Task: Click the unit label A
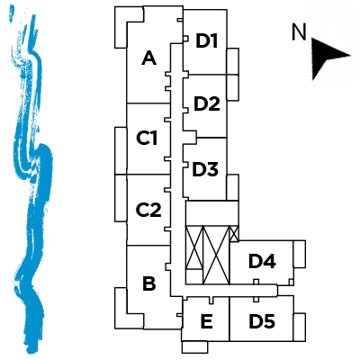point(149,58)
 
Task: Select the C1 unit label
point(147,139)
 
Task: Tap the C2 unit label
point(148,210)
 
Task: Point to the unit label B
point(149,283)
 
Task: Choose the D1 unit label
point(207,40)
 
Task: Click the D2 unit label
point(207,103)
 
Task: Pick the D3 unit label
point(205,169)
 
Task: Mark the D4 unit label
point(263,261)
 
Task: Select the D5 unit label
point(262,321)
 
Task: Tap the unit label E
point(207,321)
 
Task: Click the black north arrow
point(328,58)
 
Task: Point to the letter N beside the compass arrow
point(299,32)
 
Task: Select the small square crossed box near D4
point(234,233)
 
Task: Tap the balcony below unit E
point(194,347)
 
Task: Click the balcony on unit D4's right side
point(299,254)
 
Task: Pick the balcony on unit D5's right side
point(300,327)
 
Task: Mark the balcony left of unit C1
point(121,150)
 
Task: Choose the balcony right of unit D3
point(233,187)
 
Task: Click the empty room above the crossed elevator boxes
point(212,213)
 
